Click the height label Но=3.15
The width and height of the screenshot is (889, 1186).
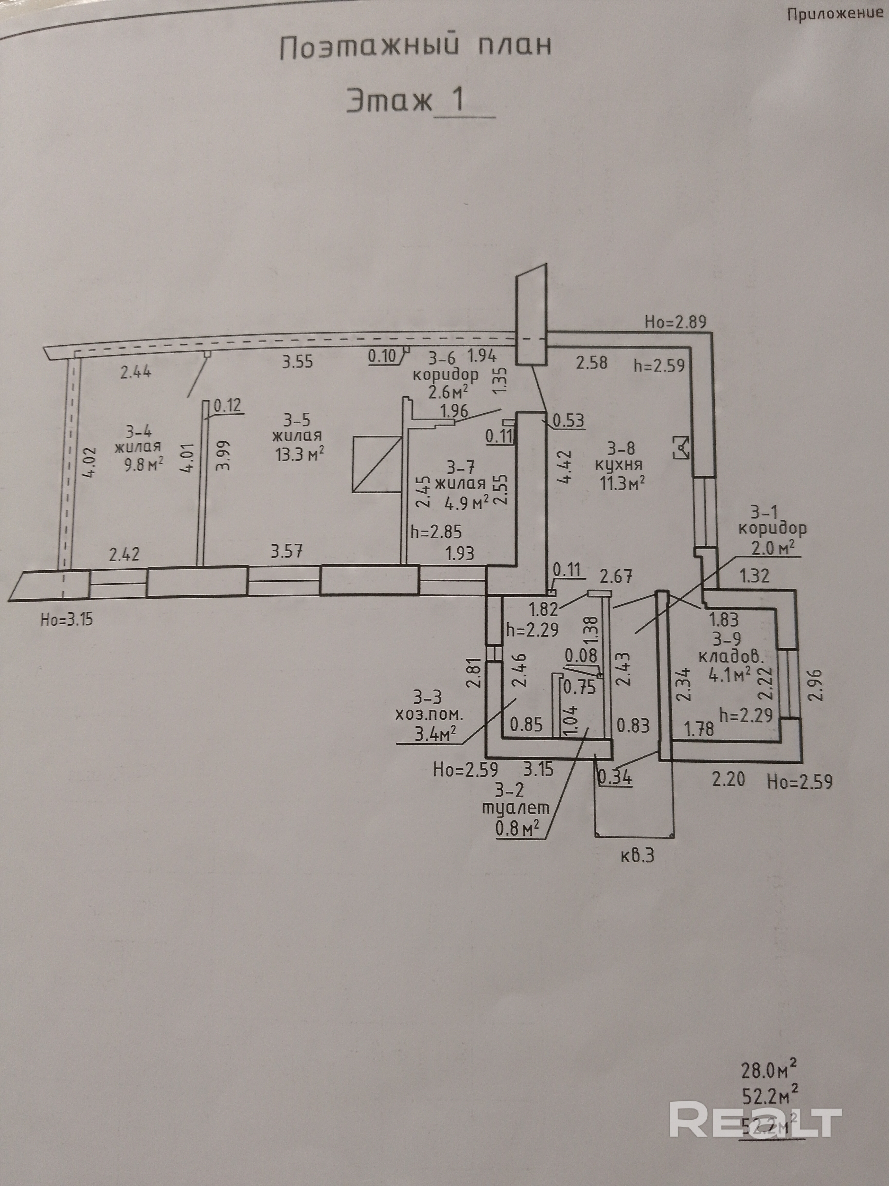pos(66,620)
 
